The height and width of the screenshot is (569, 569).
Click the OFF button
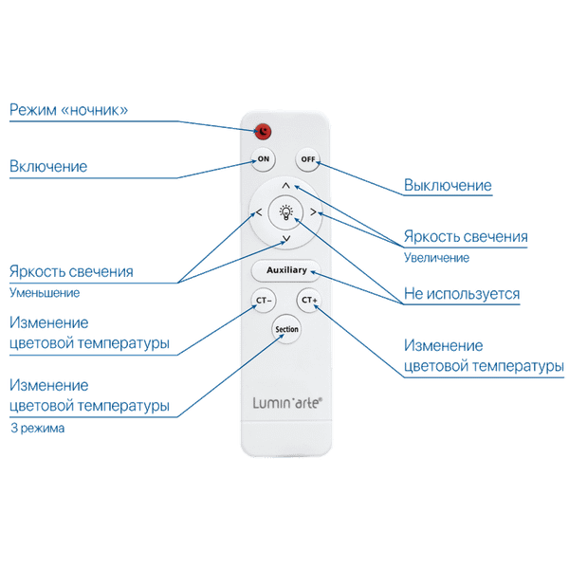(306, 158)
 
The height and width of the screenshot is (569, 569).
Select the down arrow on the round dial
(285, 237)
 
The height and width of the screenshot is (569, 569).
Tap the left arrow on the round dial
(258, 215)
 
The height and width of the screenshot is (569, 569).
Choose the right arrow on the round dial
(313, 215)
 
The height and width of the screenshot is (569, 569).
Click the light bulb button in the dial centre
(285, 212)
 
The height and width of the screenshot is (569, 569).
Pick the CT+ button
(307, 301)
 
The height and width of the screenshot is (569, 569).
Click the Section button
(285, 329)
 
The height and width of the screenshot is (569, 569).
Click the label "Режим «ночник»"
(67, 110)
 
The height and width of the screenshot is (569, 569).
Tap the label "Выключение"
(448, 185)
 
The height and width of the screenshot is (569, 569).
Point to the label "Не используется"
(461, 295)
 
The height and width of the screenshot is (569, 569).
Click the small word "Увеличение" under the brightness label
(434, 256)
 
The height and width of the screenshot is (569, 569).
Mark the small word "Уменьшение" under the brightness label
(44, 292)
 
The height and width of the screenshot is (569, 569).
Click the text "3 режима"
(38, 428)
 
